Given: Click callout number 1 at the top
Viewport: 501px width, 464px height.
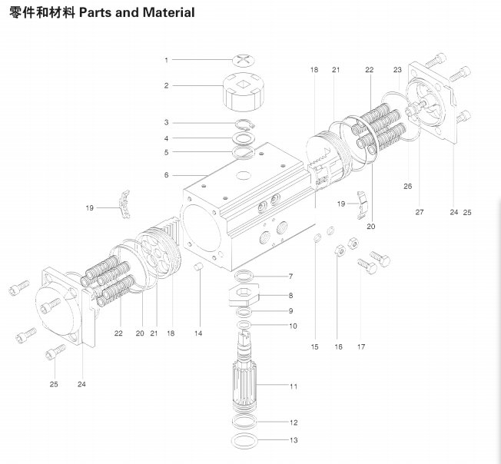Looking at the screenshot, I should pos(165,59).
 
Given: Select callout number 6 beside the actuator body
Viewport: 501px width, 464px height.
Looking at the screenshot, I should pos(165,175).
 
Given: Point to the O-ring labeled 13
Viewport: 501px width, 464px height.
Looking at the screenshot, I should pos(247,441).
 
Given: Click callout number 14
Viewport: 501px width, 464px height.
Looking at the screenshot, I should pos(197,333).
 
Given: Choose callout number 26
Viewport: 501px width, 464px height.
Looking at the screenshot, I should pos(407,186).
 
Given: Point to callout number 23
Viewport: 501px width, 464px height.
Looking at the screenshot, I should pos(397,70).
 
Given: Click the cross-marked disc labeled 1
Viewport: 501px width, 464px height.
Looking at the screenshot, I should pos(244,58).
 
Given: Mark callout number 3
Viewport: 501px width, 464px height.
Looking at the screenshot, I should pos(165,122).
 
